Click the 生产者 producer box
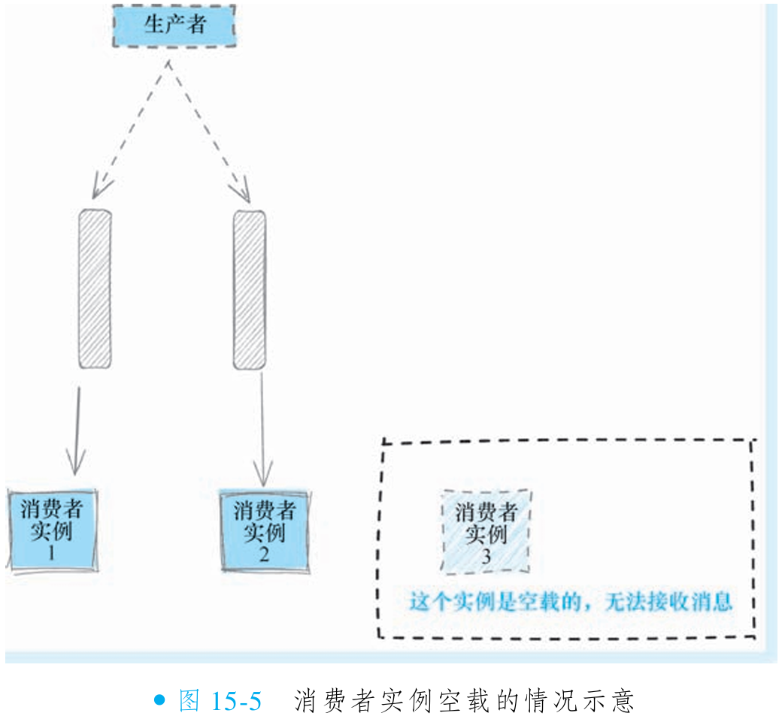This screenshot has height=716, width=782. coord(174,25)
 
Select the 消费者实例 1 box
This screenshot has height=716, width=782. coord(52,530)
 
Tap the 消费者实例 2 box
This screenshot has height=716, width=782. coord(264,530)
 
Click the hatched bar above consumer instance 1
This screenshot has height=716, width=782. coord(95,289)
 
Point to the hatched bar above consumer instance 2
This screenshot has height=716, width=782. coord(249,289)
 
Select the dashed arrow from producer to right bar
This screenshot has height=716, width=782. coord(208,128)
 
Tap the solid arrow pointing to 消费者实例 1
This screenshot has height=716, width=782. coord(76,428)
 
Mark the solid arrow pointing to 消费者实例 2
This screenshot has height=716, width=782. coord(262,428)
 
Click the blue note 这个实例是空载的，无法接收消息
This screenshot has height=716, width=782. coord(571,602)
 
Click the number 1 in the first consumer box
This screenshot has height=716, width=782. coord(52,554)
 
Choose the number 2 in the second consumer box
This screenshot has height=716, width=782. coord(264,555)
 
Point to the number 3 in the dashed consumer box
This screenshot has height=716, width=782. coord(486,557)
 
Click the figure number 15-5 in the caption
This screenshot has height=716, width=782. coord(236,701)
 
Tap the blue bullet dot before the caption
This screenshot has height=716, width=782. coord(159,700)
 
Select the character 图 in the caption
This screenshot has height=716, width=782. coord(189,701)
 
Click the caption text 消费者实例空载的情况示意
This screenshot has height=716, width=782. coord(465,701)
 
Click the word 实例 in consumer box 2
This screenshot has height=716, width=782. coord(264,534)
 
